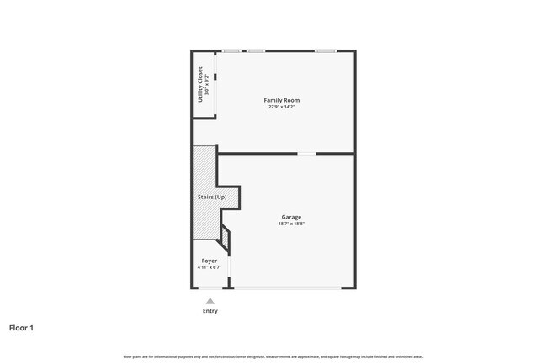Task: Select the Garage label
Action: click(x=291, y=217)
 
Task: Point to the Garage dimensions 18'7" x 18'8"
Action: click(x=291, y=224)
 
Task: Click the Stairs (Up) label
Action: click(x=212, y=197)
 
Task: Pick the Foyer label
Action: click(x=209, y=261)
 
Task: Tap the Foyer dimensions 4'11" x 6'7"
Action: click(x=209, y=267)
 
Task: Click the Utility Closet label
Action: click(x=200, y=84)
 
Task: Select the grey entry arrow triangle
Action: click(x=210, y=300)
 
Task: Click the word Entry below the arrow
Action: click(x=210, y=311)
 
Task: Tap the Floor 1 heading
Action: click(x=21, y=328)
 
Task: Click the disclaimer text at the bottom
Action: click(x=273, y=356)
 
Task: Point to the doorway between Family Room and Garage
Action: click(x=306, y=154)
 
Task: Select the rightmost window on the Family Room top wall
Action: click(x=326, y=51)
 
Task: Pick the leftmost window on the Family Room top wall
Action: click(x=230, y=51)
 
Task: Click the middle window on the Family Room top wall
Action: click(x=256, y=51)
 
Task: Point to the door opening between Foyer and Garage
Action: click(x=230, y=271)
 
